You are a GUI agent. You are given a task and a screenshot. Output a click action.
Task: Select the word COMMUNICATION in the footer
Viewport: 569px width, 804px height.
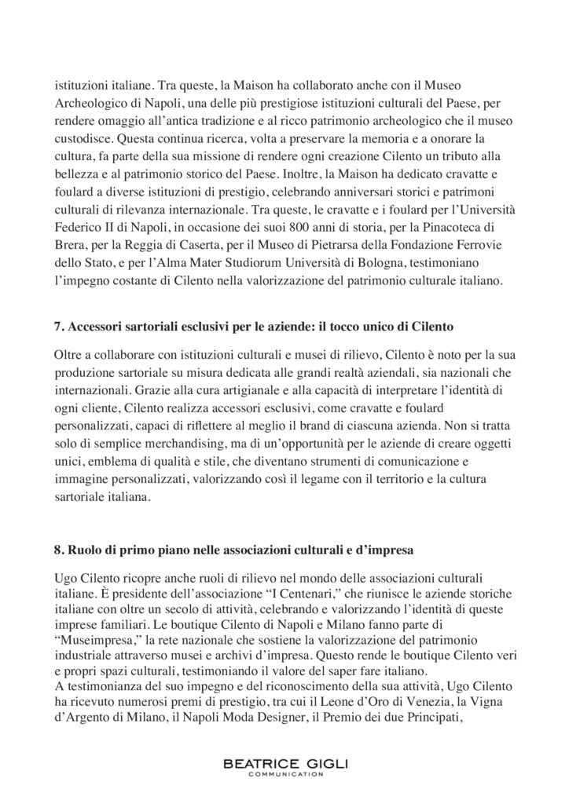284,774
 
